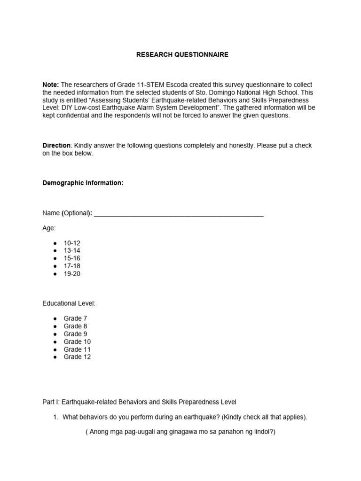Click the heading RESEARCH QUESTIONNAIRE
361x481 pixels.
(182, 55)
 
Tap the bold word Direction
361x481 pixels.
(56, 146)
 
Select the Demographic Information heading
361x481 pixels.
(83, 183)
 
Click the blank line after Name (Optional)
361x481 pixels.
(179, 214)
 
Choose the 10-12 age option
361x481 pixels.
(72, 243)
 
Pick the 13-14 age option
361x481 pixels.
(72, 251)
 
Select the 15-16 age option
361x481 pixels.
(72, 258)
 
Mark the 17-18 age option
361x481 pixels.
(72, 266)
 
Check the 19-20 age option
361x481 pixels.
(72, 274)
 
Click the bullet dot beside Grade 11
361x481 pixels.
(55, 349)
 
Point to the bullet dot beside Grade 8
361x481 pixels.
(55, 326)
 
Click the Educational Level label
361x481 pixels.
(69, 303)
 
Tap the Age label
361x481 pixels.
(49, 228)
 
